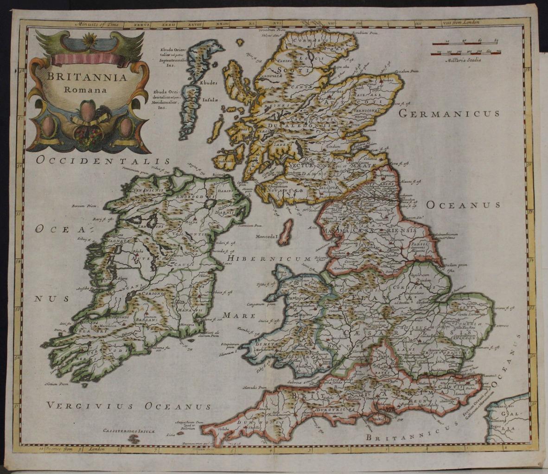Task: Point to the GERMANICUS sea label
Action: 449,113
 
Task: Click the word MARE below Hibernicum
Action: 239,315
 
